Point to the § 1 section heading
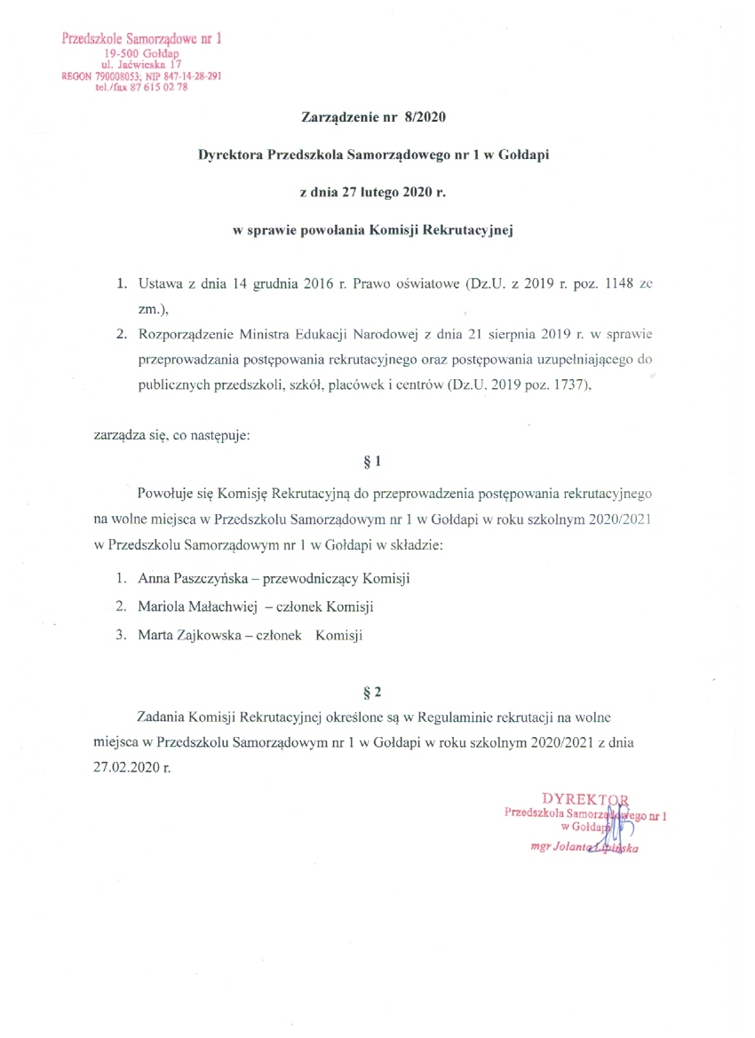[373, 461]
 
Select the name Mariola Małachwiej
[194, 606]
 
